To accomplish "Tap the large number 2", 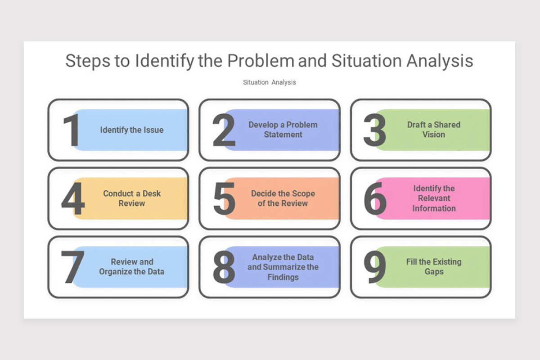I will [x=224, y=130].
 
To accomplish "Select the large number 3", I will [x=374, y=130].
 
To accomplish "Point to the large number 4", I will [x=73, y=199].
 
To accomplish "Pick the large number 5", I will [x=224, y=199].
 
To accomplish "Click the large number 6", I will [x=375, y=199].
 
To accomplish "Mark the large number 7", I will [x=72, y=267].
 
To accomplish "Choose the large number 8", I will [x=224, y=267].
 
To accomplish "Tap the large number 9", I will [x=374, y=267].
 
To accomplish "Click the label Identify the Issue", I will [x=132, y=130].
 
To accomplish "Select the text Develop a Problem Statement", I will [x=283, y=130].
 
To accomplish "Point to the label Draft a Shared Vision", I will [x=434, y=130].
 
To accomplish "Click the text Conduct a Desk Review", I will [x=132, y=198].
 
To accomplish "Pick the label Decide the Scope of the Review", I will [x=283, y=198].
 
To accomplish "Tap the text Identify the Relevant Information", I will [x=434, y=198].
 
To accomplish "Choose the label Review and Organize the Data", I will [x=132, y=267].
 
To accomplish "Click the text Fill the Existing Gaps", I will [x=434, y=267].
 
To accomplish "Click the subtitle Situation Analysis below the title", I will [x=270, y=82].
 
